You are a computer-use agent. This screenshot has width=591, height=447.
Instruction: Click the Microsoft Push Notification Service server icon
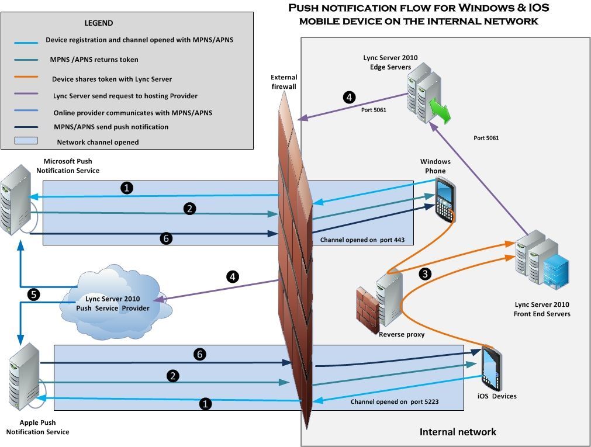pyautogui.click(x=15, y=202)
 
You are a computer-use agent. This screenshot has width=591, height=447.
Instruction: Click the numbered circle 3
pyautogui.click(x=426, y=273)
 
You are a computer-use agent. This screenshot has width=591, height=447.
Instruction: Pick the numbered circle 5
pyautogui.click(x=34, y=294)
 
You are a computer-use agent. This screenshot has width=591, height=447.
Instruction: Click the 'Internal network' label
pyautogui.click(x=457, y=432)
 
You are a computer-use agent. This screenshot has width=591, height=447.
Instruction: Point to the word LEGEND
pyautogui.click(x=99, y=23)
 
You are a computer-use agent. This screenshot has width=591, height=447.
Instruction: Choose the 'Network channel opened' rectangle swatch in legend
pyautogui.click(x=25, y=141)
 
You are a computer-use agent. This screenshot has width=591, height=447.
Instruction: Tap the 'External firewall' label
pyautogui.click(x=284, y=82)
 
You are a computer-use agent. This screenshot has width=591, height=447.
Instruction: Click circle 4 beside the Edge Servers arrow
pyautogui.click(x=348, y=97)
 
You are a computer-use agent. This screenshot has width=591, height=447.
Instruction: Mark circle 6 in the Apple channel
pyautogui.click(x=199, y=354)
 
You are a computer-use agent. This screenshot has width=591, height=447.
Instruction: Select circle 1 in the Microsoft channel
pyautogui.click(x=126, y=188)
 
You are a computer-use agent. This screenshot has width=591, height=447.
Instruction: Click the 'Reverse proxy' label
pyautogui.click(x=401, y=335)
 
